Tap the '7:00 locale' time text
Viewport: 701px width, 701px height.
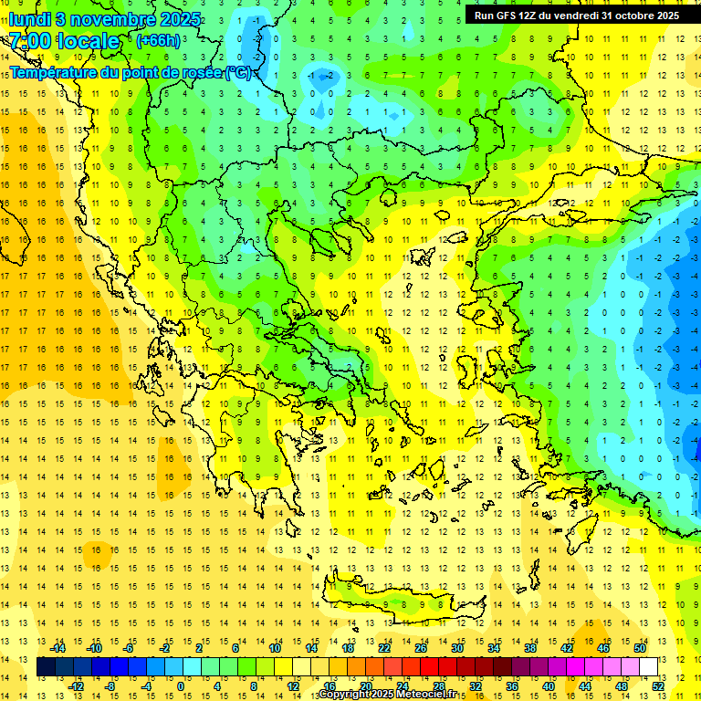tap(65, 41)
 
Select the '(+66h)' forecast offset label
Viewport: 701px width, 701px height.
tap(157, 41)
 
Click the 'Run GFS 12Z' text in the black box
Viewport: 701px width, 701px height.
tap(507, 16)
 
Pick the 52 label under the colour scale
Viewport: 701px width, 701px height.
tap(659, 685)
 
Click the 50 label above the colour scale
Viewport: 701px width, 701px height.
tap(639, 648)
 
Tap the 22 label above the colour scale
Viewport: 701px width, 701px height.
tap(384, 648)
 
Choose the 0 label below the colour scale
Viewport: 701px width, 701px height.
tap(180, 685)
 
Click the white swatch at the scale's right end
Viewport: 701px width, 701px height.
tap(648, 666)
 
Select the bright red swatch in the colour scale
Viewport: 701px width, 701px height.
tap(429, 666)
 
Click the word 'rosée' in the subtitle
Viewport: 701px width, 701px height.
tap(202, 72)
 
